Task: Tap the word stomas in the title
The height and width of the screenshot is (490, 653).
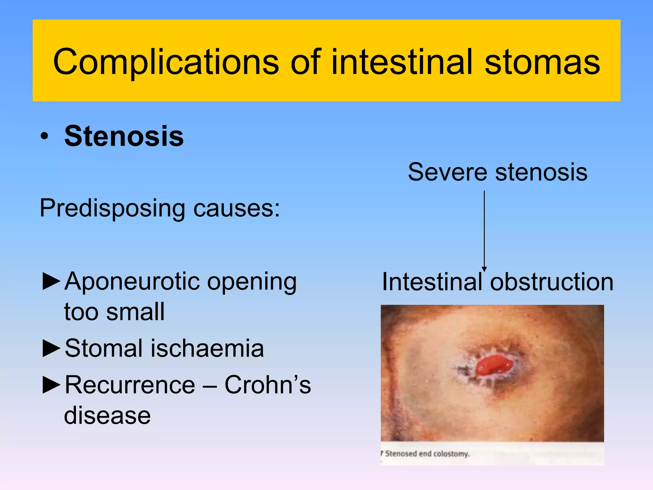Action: point(542,62)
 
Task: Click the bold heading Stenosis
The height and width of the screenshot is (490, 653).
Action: point(124,136)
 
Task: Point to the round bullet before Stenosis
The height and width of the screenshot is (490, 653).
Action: point(45,137)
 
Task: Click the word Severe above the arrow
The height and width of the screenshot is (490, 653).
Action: point(447,172)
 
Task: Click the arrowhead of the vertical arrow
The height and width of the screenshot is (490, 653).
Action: point(484,269)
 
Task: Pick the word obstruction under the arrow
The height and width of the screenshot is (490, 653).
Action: point(552,282)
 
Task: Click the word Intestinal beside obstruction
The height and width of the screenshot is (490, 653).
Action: point(432,282)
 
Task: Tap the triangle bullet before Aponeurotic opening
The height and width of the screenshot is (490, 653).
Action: point(51,281)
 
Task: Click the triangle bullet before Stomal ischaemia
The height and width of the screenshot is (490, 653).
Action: point(51,348)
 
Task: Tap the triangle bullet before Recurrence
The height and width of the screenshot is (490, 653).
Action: point(51,385)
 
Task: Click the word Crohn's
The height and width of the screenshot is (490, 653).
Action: point(268,385)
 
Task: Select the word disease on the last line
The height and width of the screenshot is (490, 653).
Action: point(107,416)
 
